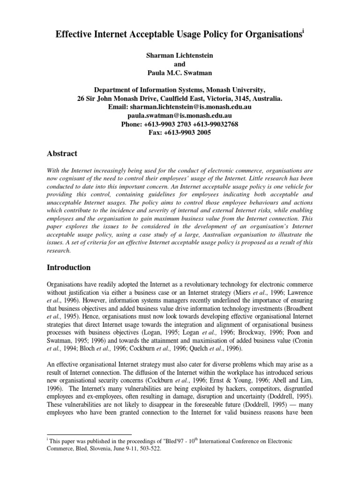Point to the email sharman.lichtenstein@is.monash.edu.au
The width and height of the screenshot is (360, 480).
click(196, 107)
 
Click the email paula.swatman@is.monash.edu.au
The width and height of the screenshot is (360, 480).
click(180, 116)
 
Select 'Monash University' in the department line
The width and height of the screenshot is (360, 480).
click(236, 90)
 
